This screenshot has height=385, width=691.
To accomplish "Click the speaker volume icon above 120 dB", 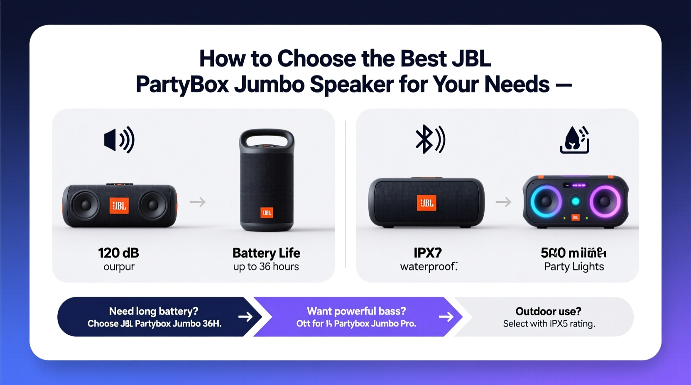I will click(x=119, y=140).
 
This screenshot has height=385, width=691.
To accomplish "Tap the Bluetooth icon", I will click(x=430, y=139).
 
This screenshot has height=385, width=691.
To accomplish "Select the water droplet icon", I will click(x=574, y=140).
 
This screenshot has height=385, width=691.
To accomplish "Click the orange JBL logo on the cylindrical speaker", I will click(x=267, y=212).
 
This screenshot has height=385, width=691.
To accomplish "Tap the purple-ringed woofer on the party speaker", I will click(x=605, y=202).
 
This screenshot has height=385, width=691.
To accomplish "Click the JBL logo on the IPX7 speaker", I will click(x=426, y=203).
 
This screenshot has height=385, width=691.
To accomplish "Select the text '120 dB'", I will click(x=119, y=253).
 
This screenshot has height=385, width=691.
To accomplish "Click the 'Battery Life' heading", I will click(x=266, y=253).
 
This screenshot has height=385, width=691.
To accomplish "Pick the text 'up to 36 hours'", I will click(x=266, y=267).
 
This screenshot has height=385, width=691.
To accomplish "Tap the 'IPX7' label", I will click(x=428, y=253).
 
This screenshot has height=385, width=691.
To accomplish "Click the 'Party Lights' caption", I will click(x=574, y=267).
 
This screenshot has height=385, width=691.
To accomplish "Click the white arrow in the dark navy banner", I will click(x=245, y=317).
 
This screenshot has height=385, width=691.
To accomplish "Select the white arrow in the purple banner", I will click(x=446, y=317).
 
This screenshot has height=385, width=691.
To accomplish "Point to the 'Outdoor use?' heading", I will click(x=548, y=311).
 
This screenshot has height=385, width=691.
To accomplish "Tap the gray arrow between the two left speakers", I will click(x=198, y=202).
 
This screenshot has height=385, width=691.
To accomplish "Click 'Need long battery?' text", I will click(x=154, y=311).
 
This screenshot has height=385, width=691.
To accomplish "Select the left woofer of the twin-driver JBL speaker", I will click(x=86, y=205).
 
